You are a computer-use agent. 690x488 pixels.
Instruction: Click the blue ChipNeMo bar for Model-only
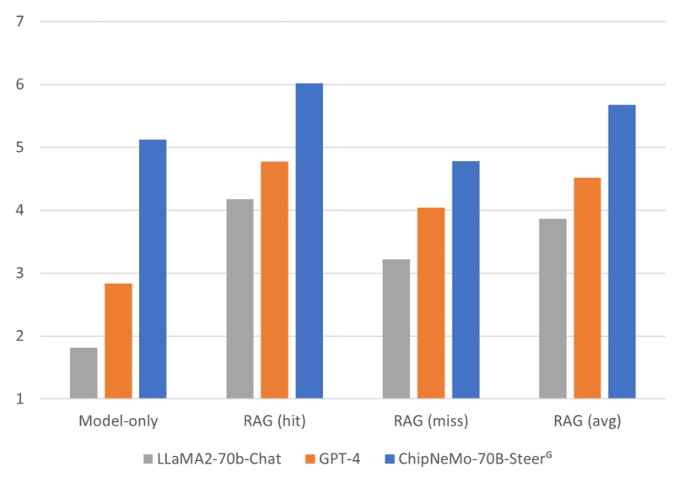[153, 268]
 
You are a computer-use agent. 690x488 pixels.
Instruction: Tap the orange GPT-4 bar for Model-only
[118, 340]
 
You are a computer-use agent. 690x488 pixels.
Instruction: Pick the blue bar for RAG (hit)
[309, 241]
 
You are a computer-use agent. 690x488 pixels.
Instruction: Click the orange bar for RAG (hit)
[274, 279]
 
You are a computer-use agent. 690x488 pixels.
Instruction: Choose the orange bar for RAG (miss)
[430, 302]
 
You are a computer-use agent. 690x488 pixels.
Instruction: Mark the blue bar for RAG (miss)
[466, 279]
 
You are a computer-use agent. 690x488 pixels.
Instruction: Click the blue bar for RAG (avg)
[622, 251]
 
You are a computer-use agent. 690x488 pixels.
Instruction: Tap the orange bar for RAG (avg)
[587, 288]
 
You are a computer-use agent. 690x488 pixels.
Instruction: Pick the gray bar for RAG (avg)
[553, 308]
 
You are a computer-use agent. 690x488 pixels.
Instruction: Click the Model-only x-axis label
[118, 420]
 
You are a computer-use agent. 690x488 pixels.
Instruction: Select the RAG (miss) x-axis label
[430, 420]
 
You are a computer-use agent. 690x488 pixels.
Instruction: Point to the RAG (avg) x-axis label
[587, 420]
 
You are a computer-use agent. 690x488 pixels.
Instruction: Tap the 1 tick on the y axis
[19, 399]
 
